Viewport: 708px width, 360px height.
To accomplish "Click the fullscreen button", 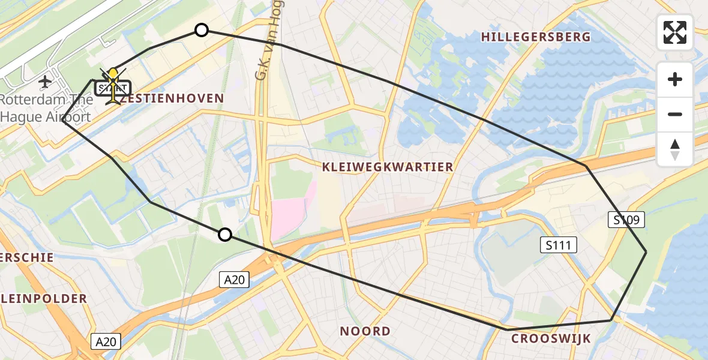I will [675, 32].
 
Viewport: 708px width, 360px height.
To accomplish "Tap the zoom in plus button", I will [675, 79].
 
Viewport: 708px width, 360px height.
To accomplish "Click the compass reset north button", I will [675, 149].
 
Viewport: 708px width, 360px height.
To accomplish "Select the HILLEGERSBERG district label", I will [536, 37].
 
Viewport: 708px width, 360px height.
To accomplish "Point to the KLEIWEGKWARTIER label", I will [388, 167].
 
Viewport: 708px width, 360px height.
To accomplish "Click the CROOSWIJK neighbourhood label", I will [551, 338].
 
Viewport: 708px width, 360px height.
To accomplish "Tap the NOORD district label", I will [365, 331].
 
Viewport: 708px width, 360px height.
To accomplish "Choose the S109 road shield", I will [628, 220].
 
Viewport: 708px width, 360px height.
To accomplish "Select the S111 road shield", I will [557, 244].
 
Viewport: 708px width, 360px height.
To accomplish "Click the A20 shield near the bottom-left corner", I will [106, 342].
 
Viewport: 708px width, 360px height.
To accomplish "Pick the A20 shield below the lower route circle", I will [234, 279].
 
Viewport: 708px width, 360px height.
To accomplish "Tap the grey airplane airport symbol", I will [45, 81].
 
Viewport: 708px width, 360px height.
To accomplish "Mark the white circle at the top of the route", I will [202, 30].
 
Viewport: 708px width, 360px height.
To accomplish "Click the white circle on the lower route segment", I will [225, 235].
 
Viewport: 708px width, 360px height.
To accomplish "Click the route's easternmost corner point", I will [646, 252].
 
